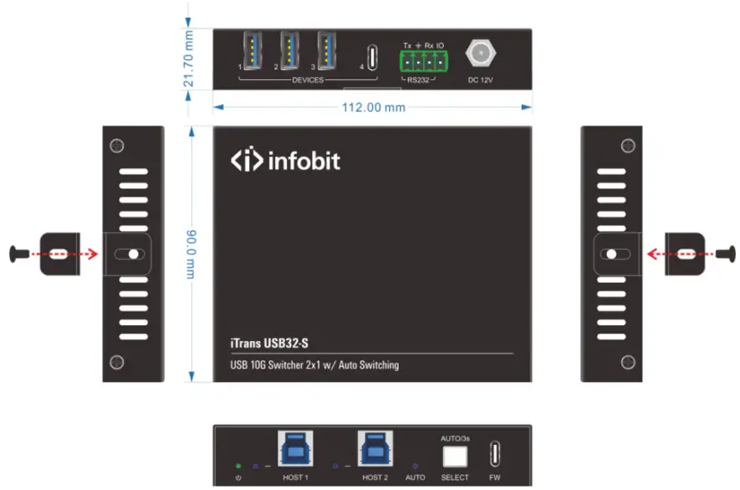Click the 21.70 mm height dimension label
coord(189,59)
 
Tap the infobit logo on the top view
coord(285,161)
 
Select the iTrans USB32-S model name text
coord(275,343)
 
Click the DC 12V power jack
coord(479,57)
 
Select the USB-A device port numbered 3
coord(327,52)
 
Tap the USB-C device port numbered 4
coord(371,58)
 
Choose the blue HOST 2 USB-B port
coord(374,450)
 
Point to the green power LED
coord(238,466)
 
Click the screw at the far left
coord(16,253)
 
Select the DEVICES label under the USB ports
coord(308,80)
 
